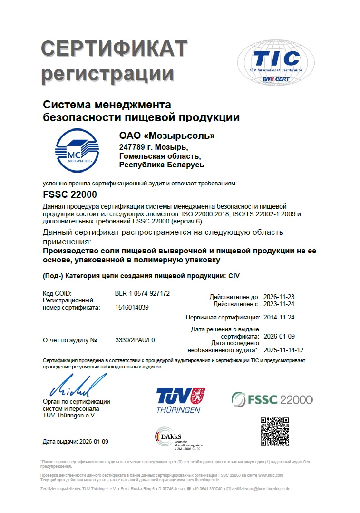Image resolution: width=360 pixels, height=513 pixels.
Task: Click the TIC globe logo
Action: (x=276, y=61)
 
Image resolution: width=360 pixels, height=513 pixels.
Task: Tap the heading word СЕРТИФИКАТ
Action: (x=114, y=49)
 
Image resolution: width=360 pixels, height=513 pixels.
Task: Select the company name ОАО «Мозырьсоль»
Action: (x=167, y=136)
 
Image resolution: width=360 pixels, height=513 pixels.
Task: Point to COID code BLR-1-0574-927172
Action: (x=142, y=293)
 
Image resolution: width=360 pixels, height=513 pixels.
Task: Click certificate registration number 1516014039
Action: (x=132, y=308)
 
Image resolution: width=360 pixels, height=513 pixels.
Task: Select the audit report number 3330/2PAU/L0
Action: (x=136, y=340)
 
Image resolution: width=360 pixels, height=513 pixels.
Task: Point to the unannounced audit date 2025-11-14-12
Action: (x=283, y=350)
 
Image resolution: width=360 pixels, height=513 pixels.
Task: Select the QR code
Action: (x=274, y=431)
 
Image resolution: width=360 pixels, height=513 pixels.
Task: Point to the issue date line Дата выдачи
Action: (x=76, y=442)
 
